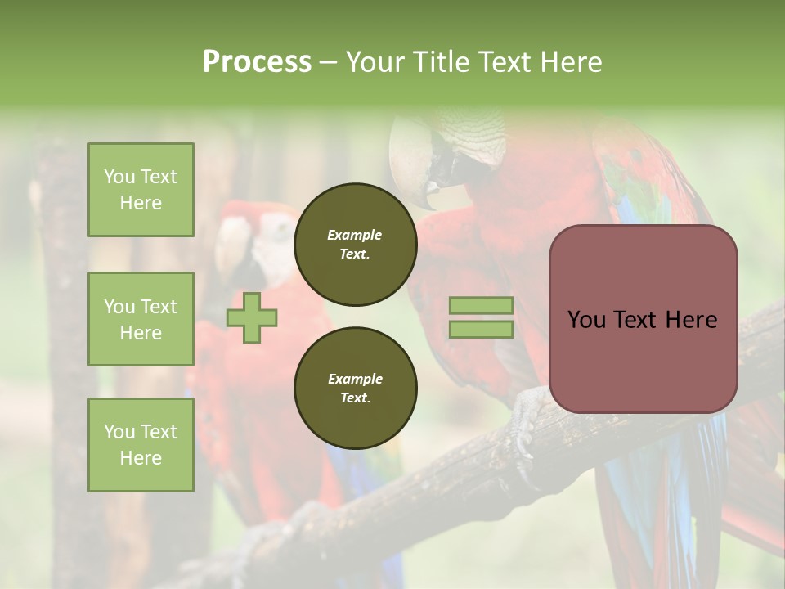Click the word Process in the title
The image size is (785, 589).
coord(257,61)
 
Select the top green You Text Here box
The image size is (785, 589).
coord(141,190)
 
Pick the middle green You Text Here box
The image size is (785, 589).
coord(141,319)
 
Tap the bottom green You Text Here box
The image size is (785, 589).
coord(141,445)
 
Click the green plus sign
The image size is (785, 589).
coord(252,318)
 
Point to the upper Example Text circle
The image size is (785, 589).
coord(355,245)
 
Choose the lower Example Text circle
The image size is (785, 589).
coord(355,389)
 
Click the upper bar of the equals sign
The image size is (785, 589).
coord(481,305)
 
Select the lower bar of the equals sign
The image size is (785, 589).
coord(481,330)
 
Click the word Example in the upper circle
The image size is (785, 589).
coord(355,235)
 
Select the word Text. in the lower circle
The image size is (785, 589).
coord(355,398)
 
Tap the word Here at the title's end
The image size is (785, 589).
coord(572,61)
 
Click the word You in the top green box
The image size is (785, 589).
coord(119,177)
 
